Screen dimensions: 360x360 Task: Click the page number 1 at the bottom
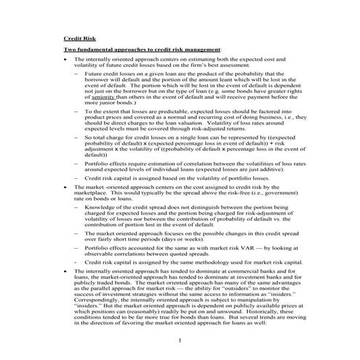(x=180, y=341)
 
